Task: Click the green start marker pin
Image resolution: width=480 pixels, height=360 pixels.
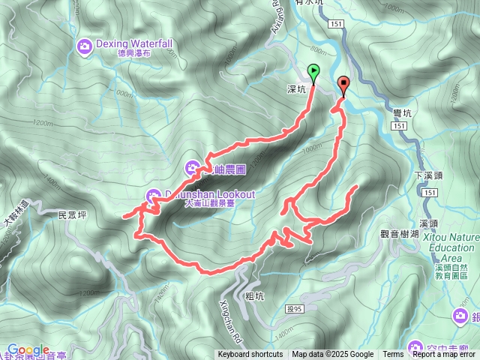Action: click(313, 72)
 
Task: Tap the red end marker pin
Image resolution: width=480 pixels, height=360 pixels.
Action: click(344, 84)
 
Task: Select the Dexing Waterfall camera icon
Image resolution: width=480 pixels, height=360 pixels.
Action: click(84, 47)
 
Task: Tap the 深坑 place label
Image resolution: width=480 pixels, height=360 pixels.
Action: click(296, 88)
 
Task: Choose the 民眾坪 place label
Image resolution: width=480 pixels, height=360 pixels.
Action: click(73, 214)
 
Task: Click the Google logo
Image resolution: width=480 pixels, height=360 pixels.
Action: click(28, 350)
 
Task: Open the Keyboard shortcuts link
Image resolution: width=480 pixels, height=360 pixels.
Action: click(250, 355)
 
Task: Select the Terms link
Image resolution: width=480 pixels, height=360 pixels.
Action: click(393, 355)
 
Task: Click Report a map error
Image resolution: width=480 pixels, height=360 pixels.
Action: click(445, 355)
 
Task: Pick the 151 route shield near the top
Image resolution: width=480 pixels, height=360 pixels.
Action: click(336, 25)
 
